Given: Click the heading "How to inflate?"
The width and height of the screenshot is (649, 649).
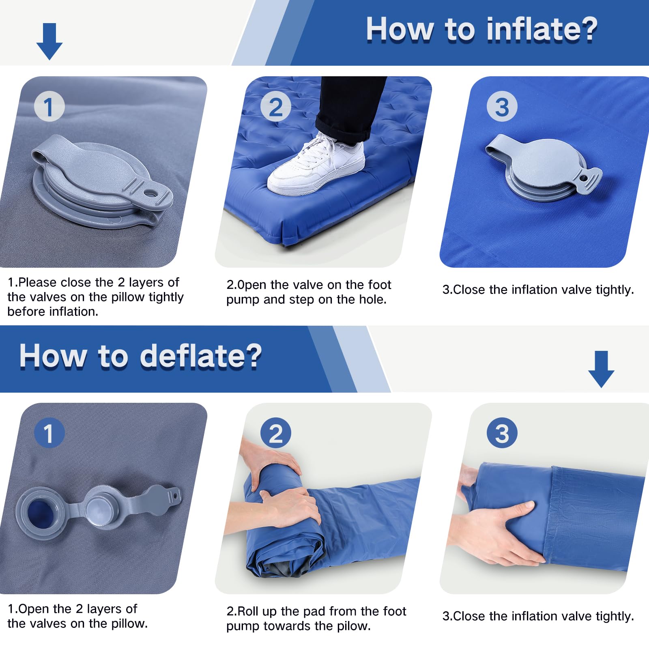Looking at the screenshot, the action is pos(481,30).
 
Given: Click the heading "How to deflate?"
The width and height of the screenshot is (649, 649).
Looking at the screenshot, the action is pos(140,356).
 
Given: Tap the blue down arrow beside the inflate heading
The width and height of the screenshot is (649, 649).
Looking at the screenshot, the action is pos(49,42).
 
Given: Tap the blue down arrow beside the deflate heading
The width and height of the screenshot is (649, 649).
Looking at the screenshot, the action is pos(601,369).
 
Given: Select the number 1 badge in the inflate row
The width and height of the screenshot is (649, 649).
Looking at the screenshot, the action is pos(49,107).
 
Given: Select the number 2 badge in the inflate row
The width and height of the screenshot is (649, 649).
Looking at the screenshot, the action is pos(276,107).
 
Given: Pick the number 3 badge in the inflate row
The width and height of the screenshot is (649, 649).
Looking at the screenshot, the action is pos(502,107).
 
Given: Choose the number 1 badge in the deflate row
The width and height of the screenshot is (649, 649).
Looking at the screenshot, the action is pos(49,433).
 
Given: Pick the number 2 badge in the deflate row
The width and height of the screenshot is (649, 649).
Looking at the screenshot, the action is pos(276,433).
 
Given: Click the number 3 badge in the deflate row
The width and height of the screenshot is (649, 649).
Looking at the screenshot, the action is pos(502,433).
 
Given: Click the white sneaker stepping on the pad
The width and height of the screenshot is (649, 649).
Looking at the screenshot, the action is pos(316,166).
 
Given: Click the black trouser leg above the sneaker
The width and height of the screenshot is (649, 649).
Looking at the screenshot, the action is pos(351,107).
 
